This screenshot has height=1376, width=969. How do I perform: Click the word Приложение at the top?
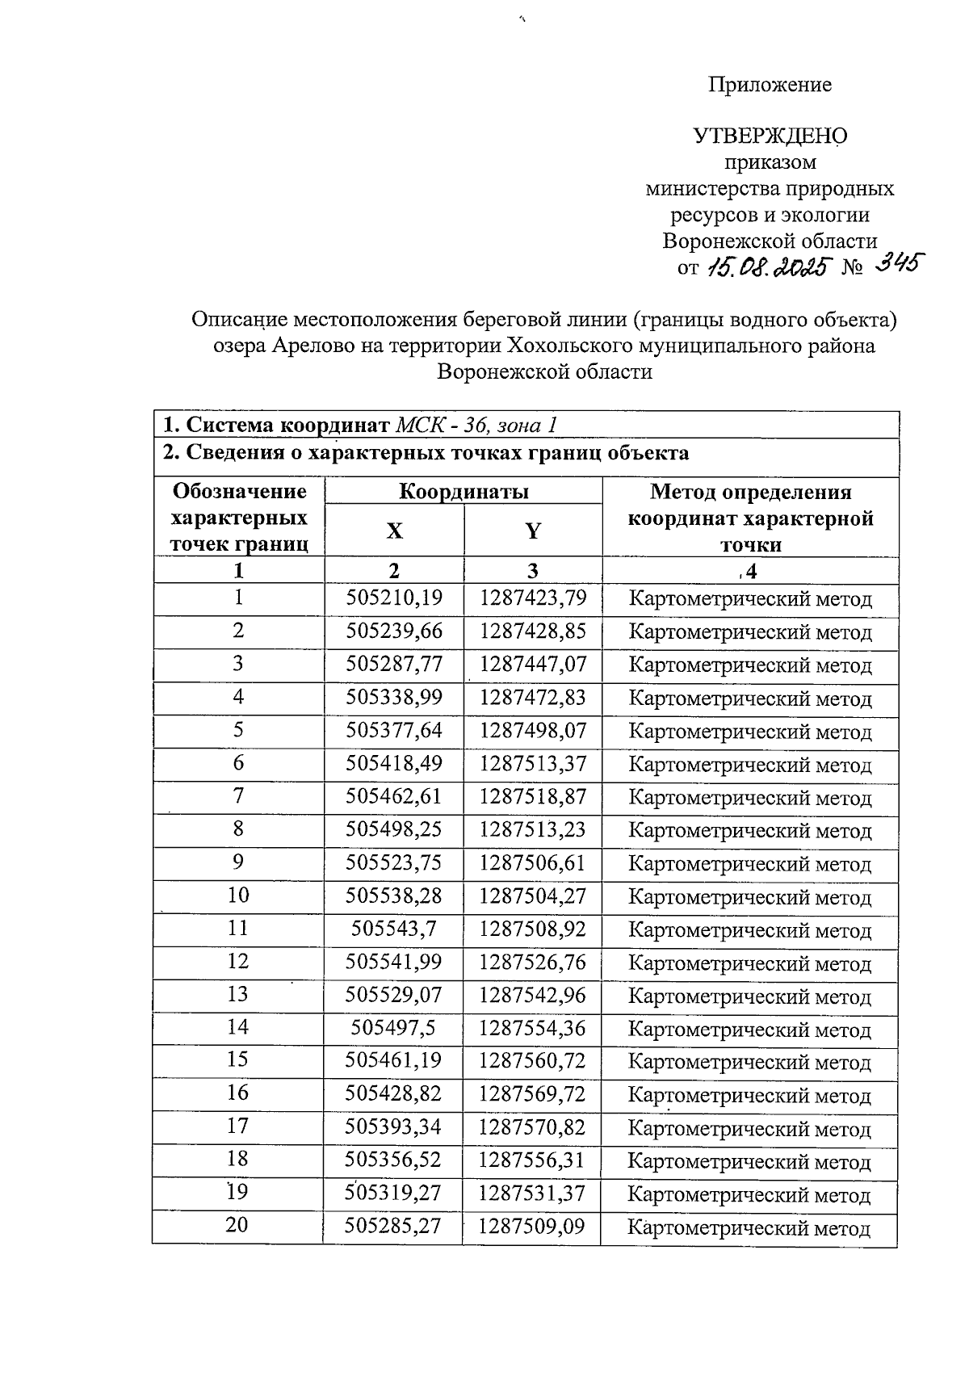(x=770, y=85)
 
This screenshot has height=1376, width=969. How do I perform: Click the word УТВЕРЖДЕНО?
(x=770, y=136)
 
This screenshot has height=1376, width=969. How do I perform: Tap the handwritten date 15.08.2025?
(x=767, y=268)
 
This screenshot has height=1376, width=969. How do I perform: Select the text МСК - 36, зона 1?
(x=476, y=425)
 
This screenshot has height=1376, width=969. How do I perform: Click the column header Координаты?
(x=464, y=491)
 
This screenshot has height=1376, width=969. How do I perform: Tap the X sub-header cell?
(x=393, y=531)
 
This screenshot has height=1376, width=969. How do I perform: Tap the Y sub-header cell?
(x=533, y=531)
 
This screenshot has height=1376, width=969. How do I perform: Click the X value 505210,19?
(x=394, y=598)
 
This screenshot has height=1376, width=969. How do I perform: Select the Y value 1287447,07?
(x=532, y=665)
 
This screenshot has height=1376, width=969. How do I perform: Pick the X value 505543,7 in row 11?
(x=394, y=929)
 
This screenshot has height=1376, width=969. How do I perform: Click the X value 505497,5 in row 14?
(x=394, y=1028)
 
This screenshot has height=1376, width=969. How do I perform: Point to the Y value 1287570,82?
(x=531, y=1127)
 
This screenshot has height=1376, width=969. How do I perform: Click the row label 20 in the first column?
(x=237, y=1225)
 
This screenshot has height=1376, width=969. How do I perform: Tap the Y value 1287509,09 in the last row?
(x=531, y=1227)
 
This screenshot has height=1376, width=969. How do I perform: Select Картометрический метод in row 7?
(x=749, y=798)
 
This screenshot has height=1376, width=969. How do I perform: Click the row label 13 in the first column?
(x=237, y=994)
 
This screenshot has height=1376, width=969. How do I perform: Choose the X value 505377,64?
(x=394, y=731)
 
